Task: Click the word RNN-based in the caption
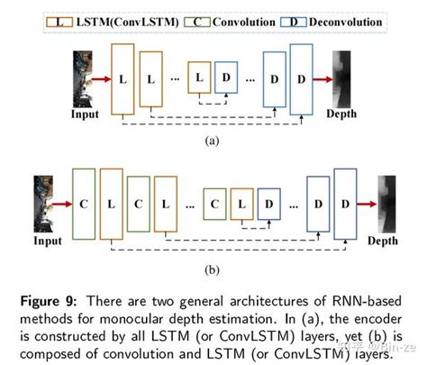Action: click(x=345, y=298)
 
